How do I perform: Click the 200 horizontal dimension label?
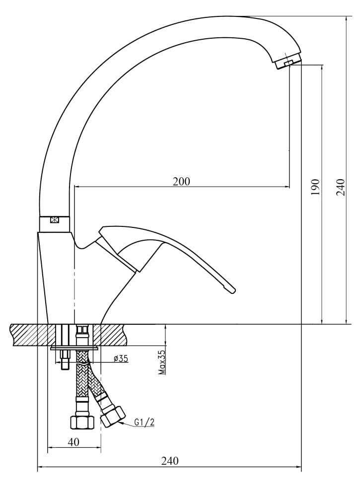click(181, 181)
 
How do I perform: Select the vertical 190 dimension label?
click(315, 187)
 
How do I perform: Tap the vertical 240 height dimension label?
click(341, 187)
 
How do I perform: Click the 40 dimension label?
click(73, 442)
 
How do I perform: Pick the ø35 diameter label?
click(121, 358)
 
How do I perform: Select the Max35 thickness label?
click(162, 362)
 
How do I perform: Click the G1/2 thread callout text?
click(144, 422)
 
